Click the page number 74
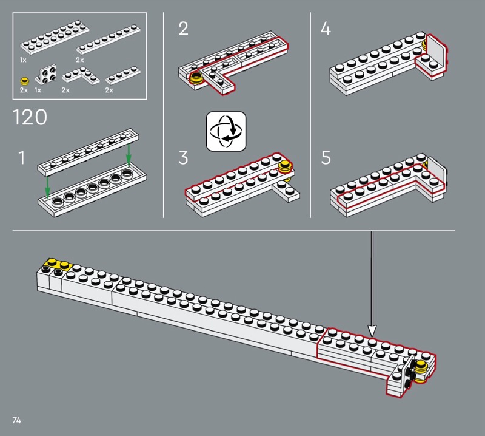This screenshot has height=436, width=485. pos(17,420)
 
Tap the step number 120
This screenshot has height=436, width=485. pos(30,117)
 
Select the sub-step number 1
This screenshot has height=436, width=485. pos(22,158)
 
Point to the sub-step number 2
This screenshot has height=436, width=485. pos(184,29)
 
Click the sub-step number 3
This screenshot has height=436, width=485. pos(183,158)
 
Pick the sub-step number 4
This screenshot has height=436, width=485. pos(326,29)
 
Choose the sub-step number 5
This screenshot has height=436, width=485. pos(326,158)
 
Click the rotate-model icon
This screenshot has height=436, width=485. pos(226,131)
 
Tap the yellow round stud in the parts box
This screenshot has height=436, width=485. pos(24,81)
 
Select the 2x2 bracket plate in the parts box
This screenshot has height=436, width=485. pos(47,75)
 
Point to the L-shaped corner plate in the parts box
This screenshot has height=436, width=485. pos(81,77)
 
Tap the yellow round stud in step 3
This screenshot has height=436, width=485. pos(286,168)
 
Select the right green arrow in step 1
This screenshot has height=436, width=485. pos(129,154)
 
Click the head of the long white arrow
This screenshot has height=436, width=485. pos(372,330)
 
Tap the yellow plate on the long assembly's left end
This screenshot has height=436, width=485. pos(58,265)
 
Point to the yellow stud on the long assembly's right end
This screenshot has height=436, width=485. pos(421,367)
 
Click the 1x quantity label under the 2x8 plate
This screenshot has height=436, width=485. pos(23,60)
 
